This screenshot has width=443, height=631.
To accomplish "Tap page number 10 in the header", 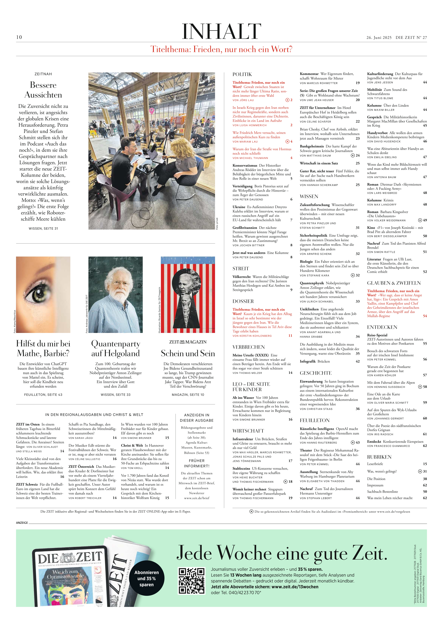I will point(19,37).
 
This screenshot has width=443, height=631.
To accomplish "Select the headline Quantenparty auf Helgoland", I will point(116,348).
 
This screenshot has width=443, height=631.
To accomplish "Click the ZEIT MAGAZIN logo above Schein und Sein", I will point(188,342).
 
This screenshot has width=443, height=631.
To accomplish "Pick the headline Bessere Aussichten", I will point(43,90).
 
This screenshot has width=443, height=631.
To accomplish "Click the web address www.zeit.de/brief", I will point(197,498).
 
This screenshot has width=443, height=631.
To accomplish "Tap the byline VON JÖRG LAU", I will point(243,100).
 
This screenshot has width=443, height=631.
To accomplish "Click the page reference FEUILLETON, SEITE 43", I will point(43,395).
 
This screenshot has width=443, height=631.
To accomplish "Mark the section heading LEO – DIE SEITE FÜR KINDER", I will point(251,387).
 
